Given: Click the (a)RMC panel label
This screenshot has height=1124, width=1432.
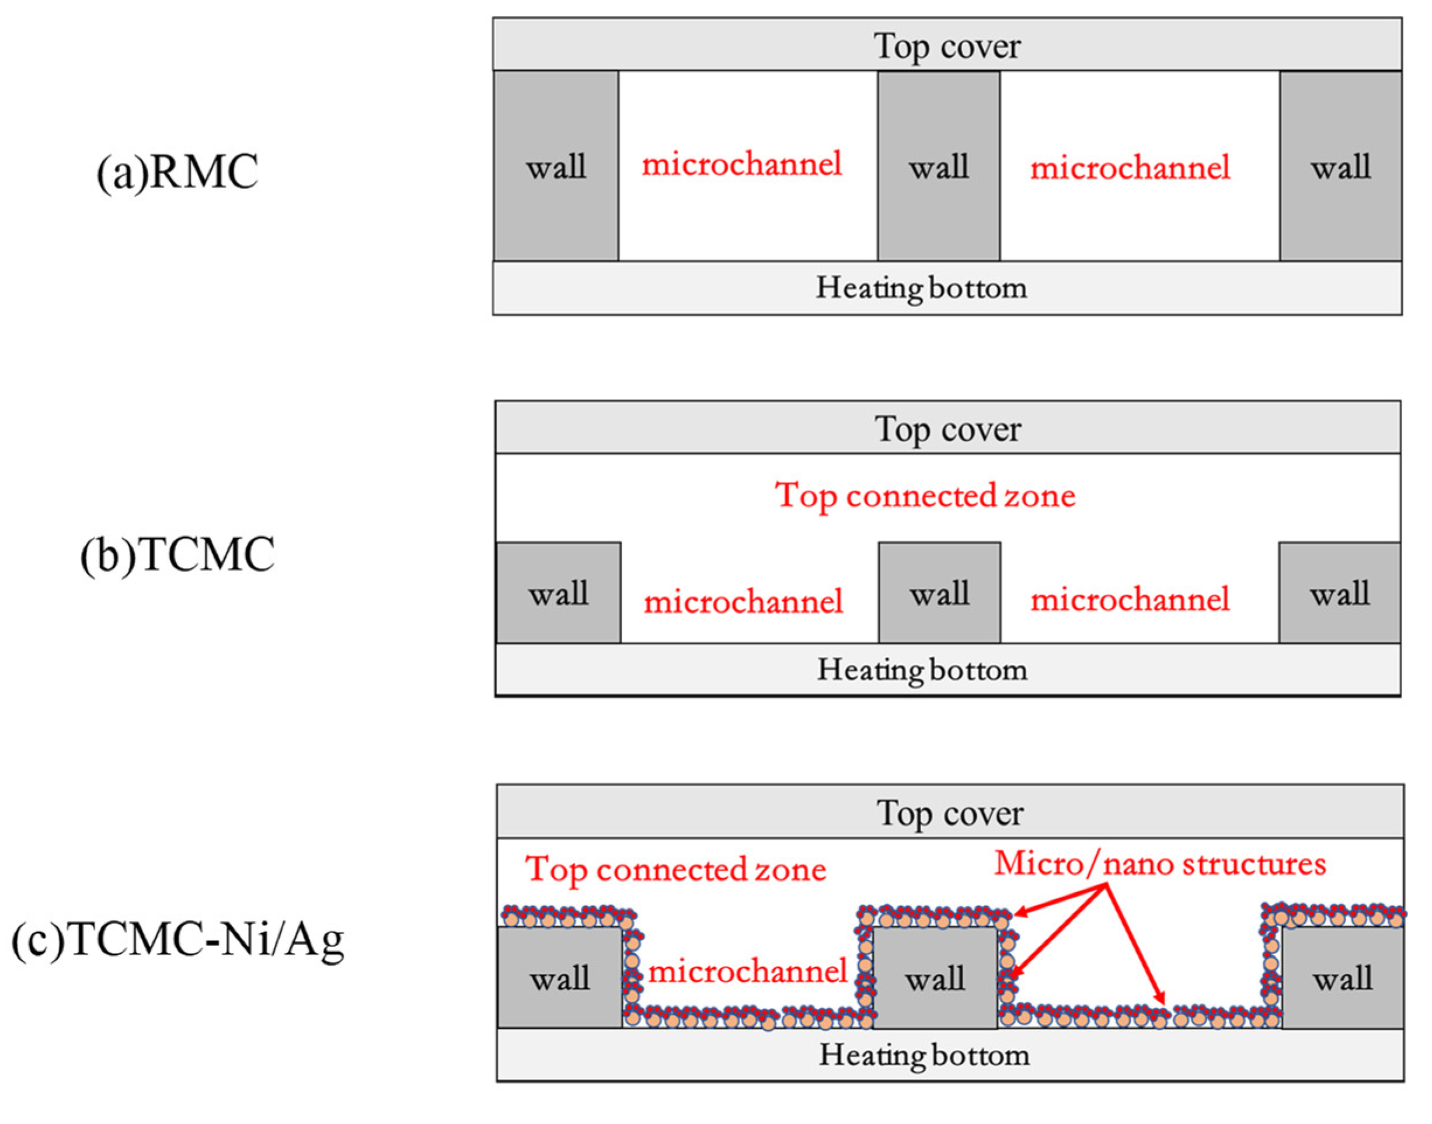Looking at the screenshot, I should pos(177,172).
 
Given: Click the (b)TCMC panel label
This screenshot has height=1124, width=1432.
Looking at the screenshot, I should pos(177,555).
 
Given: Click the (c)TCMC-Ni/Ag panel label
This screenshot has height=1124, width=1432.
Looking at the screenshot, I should pos(177,939).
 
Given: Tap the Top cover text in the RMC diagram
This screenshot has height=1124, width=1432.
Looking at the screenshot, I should pos(947,46).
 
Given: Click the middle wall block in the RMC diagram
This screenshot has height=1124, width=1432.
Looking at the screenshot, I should pos(939,166).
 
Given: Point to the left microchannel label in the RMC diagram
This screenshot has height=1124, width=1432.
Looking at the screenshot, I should pos(742,165).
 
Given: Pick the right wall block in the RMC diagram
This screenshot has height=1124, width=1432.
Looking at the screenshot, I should pos(1340,166).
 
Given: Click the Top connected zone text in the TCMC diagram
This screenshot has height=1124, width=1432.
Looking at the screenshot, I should pos(925,496).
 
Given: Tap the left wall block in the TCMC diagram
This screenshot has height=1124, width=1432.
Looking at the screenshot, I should pos(558,593).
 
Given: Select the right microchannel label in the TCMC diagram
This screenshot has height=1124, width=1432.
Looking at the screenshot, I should pos(1130,600).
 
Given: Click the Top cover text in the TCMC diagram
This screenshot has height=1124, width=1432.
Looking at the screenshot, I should pos(947,429).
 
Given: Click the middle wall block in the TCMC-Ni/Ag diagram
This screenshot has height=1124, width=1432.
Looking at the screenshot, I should pos(935,979).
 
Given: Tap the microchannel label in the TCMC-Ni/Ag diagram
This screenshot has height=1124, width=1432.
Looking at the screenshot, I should pos(747,972).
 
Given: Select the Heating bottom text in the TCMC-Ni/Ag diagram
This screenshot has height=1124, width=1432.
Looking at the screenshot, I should pos(924,1055).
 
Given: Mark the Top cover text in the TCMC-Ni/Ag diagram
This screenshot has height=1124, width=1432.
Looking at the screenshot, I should pos(949,813).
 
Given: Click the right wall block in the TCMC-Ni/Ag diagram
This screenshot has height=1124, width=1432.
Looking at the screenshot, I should pos(1343,979).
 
